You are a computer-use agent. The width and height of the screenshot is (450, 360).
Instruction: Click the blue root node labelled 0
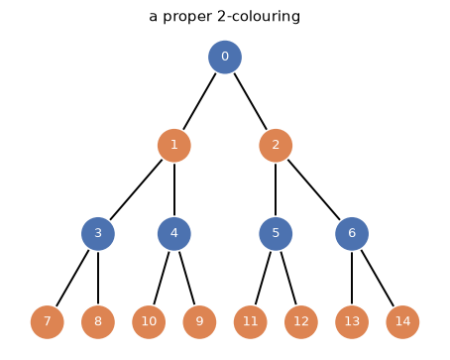(x=225, y=58)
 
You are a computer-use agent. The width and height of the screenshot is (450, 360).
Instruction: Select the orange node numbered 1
(x=174, y=146)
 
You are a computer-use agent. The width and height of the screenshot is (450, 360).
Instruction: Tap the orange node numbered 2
(x=276, y=146)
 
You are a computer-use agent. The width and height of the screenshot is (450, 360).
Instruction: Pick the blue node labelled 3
(x=98, y=234)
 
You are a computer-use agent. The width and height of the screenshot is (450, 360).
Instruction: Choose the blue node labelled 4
(x=174, y=234)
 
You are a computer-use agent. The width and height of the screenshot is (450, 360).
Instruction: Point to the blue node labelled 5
(x=276, y=234)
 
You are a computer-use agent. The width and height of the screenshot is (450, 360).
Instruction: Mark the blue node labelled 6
(x=352, y=234)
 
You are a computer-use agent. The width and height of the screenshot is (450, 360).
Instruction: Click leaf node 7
(x=48, y=322)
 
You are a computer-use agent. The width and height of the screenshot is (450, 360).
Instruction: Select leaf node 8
(x=98, y=322)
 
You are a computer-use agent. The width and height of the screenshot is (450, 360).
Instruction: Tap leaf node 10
(x=149, y=322)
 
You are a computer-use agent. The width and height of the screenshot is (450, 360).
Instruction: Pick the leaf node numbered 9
(x=199, y=322)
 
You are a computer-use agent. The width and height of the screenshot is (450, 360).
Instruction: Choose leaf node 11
(x=250, y=322)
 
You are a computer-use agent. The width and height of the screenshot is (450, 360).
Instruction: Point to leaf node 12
(x=301, y=322)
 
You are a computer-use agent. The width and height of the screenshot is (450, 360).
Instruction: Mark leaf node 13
(x=352, y=322)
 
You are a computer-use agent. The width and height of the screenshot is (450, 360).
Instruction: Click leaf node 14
(x=402, y=322)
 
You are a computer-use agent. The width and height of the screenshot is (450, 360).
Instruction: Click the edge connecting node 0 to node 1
(x=199, y=101)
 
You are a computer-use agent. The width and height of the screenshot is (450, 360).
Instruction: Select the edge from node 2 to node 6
(x=313, y=189)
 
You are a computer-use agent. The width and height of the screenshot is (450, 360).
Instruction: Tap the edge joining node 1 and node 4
(x=174, y=189)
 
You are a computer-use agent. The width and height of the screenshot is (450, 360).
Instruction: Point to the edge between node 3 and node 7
(x=72, y=278)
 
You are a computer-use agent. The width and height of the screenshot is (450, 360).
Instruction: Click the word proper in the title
(x=187, y=17)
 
